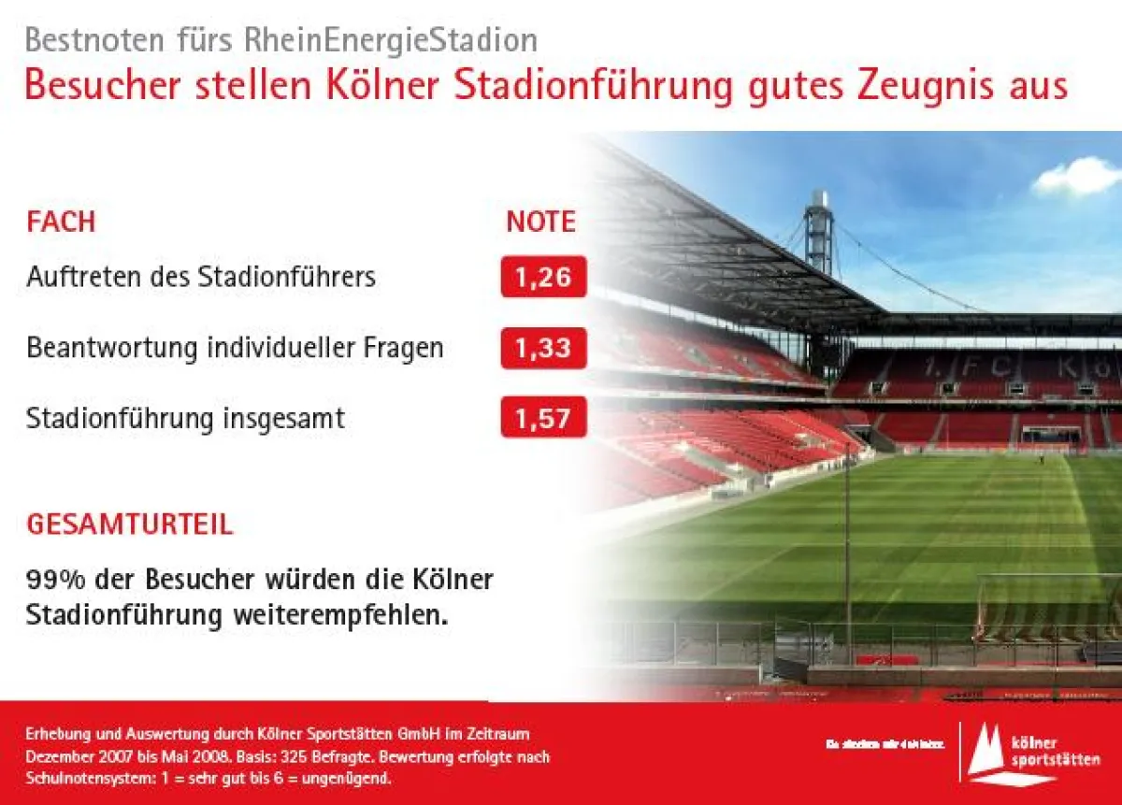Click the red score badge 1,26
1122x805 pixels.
[x=543, y=277]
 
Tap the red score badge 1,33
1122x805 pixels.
[x=543, y=348]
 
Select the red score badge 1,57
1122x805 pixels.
[x=543, y=417]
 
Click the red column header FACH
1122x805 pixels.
[x=61, y=223]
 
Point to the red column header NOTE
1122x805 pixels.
[x=540, y=223]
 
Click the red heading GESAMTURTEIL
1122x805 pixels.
[x=129, y=525]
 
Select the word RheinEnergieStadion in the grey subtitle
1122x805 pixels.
[x=390, y=40]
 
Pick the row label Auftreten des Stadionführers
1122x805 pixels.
[x=201, y=278]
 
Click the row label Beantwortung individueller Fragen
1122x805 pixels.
[x=235, y=348]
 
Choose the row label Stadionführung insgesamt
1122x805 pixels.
[x=185, y=418]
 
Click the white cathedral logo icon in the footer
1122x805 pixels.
[x=986, y=753]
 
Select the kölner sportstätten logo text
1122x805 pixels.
[x=1056, y=752]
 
